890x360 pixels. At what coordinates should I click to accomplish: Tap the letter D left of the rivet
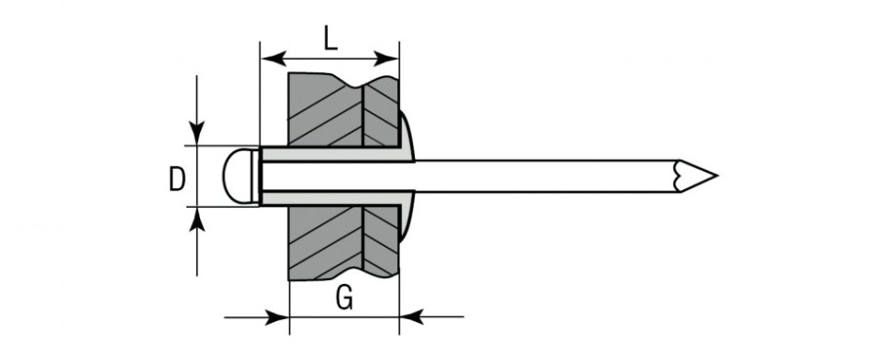pyautogui.click(x=177, y=179)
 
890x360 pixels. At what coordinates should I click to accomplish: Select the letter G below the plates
pyautogui.click(x=344, y=298)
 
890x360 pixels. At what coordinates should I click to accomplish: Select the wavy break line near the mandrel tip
pyautogui.click(x=676, y=176)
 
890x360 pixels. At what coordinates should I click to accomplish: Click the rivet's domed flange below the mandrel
pyautogui.click(x=407, y=213)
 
